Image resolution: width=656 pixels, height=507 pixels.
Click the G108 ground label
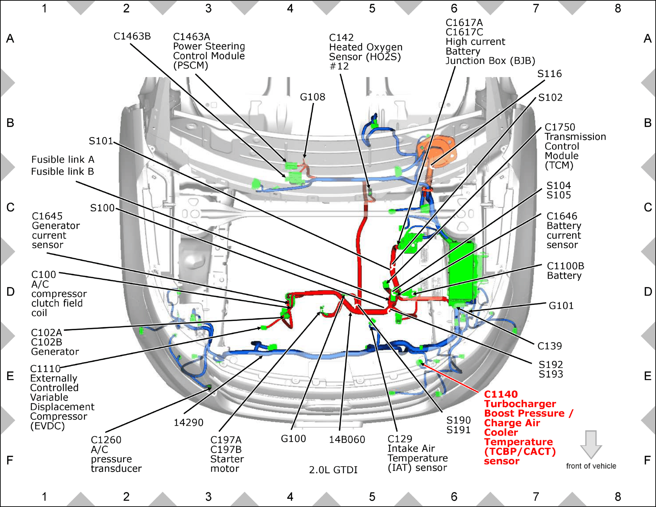click(x=312, y=97)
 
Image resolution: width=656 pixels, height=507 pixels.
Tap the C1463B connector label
click(x=132, y=36)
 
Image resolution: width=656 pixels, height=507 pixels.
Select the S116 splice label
click(x=549, y=74)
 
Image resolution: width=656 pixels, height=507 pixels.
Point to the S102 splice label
click(x=550, y=98)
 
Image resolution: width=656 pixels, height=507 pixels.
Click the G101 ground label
click(x=561, y=306)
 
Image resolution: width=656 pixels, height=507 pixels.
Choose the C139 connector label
click(x=550, y=346)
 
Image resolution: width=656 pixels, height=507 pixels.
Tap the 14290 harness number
click(x=188, y=423)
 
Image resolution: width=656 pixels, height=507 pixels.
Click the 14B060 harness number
click(x=347, y=440)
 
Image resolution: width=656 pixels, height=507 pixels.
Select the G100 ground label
click(x=293, y=439)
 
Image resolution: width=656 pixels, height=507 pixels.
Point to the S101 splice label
click(x=101, y=141)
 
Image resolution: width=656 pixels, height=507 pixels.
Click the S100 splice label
click(x=102, y=208)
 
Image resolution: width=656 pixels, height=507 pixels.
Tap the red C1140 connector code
click(x=501, y=394)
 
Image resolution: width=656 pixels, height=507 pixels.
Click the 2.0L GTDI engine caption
click(x=333, y=470)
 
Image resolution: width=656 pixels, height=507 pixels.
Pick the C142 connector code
click(x=341, y=38)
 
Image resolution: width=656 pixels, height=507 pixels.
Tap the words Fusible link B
click(x=63, y=171)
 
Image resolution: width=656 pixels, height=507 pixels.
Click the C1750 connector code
click(x=560, y=127)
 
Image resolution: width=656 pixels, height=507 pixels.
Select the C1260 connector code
click(x=106, y=440)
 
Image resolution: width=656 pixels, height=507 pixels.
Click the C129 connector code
click(x=400, y=439)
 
